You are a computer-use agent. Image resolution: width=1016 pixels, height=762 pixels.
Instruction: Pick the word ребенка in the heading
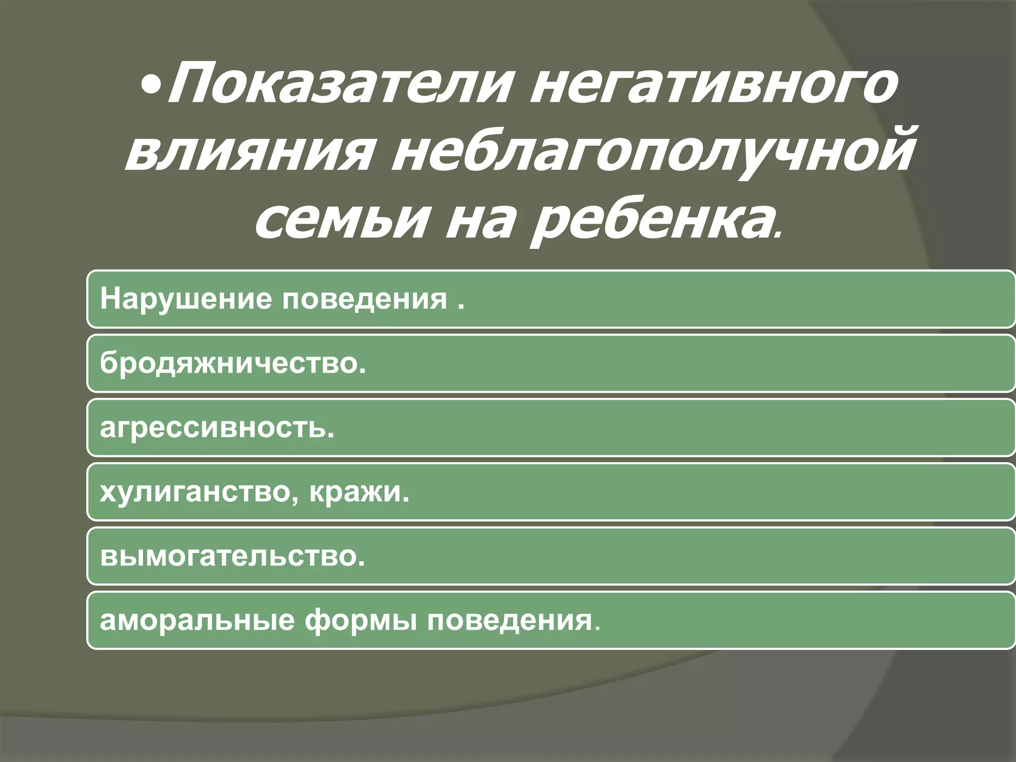point(650,218)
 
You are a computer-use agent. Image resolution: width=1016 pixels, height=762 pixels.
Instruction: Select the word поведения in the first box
point(365,300)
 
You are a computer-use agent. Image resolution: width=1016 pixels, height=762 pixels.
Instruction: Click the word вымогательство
point(229,556)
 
